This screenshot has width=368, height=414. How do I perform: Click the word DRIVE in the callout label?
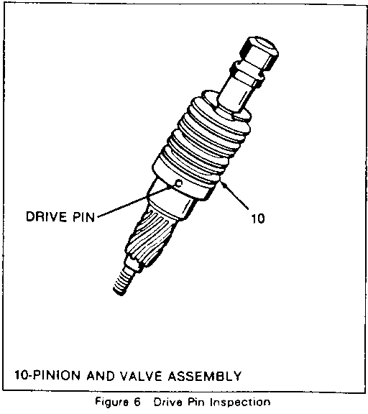click(45, 217)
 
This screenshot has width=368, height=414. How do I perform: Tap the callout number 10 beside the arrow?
click(257, 218)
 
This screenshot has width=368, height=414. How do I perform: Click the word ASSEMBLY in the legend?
click(205, 375)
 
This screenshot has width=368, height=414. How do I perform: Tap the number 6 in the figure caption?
click(137, 402)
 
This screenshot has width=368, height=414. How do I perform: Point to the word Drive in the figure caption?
click(167, 402)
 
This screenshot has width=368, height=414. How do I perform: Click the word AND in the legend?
click(101, 375)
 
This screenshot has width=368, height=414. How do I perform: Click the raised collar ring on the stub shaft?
click(247, 71)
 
